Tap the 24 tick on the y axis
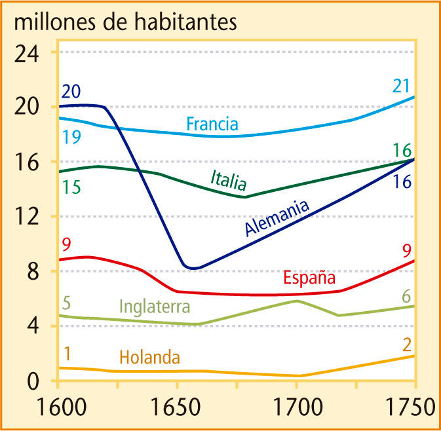pos(27,52)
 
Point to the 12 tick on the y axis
pos(27,216)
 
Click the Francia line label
pos(212,123)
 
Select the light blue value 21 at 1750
pos(402,85)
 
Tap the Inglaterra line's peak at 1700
pos(297,301)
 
